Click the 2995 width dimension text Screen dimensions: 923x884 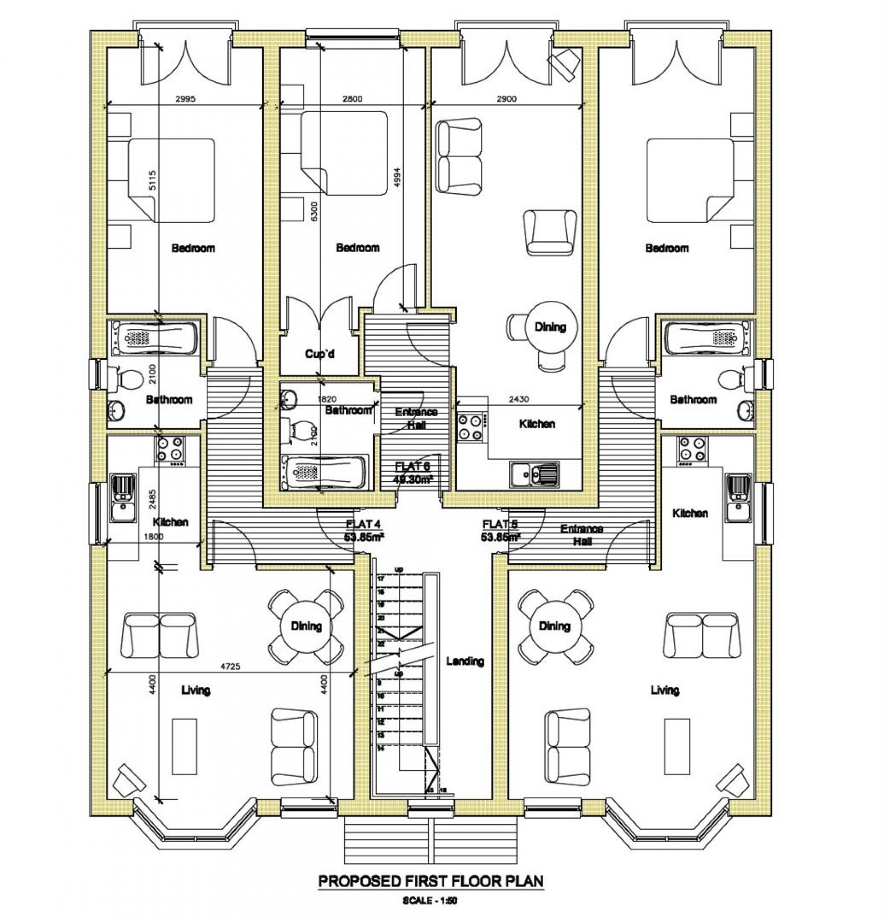(186, 99)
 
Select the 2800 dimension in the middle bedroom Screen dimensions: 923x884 (352, 99)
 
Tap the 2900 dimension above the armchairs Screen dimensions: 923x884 (507, 99)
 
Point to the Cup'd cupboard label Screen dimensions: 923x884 (320, 354)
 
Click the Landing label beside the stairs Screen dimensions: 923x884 (465, 661)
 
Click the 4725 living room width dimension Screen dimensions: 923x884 (231, 667)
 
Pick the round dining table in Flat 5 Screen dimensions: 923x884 (554, 626)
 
